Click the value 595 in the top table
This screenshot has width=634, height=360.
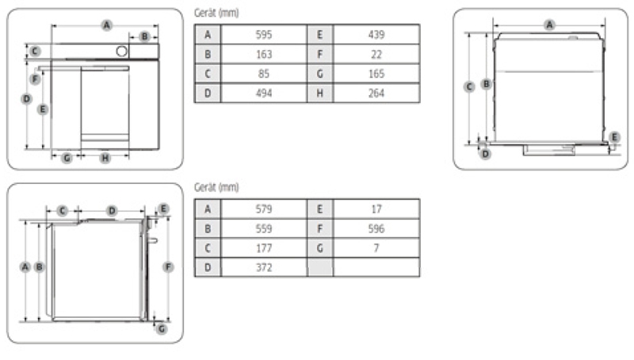[264, 35]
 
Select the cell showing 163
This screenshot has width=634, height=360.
[264, 54]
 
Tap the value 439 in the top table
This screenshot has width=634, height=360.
[376, 35]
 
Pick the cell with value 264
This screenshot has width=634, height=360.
[376, 93]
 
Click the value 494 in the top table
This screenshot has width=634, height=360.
[264, 93]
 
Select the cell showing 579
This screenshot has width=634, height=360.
[264, 209]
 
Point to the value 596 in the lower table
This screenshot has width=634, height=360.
[376, 228]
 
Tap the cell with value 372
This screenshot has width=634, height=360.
[264, 267]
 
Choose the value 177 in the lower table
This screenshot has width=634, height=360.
[264, 248]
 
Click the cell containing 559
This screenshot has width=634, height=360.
[264, 228]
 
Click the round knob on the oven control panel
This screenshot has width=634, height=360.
[121, 52]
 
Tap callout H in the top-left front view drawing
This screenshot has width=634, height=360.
[105, 158]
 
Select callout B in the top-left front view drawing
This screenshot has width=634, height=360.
[144, 36]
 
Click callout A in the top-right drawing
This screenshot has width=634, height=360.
[549, 25]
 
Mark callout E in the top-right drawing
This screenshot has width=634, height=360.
[615, 137]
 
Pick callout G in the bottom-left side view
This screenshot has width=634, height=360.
[161, 327]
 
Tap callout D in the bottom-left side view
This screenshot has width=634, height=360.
[112, 211]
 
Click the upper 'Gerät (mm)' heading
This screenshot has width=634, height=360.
[216, 13]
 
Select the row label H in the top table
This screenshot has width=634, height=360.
[320, 93]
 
